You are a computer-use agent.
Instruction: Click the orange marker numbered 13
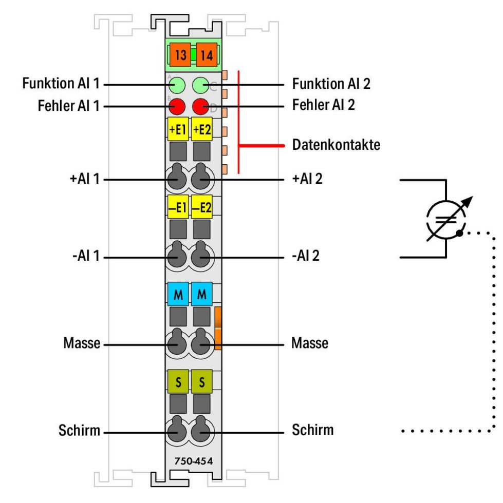(180, 55)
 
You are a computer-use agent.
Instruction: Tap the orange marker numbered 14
(207, 55)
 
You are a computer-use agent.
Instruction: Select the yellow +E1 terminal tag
(178, 129)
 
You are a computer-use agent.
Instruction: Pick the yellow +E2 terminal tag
(202, 129)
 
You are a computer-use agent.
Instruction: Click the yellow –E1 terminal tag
(178, 207)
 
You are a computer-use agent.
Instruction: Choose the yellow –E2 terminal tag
(202, 207)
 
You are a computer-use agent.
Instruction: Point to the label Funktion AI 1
(61, 83)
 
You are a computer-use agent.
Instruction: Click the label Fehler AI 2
(324, 105)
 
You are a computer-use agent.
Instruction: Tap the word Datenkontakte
(337, 145)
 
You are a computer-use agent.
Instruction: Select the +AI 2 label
(307, 179)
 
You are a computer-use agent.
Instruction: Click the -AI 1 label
(86, 256)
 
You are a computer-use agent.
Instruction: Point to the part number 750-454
(193, 461)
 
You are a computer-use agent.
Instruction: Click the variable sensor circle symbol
(446, 220)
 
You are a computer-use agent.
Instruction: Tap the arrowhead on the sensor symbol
(468, 201)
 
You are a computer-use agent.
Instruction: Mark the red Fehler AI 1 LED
(177, 107)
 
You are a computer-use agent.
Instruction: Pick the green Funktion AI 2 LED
(200, 85)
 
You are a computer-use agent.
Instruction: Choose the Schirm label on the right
(312, 430)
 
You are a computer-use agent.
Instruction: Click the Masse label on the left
(82, 343)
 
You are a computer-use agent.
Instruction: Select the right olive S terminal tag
(202, 381)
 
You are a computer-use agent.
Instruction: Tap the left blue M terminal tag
(178, 294)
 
